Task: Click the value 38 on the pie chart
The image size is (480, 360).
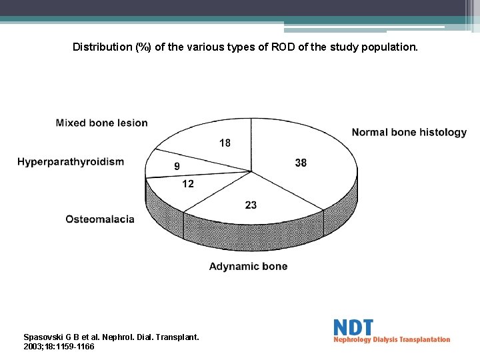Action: click(x=301, y=163)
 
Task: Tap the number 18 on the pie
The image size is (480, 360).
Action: click(x=225, y=143)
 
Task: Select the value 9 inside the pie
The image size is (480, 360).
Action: click(x=177, y=166)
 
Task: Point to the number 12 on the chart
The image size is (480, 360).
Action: click(x=188, y=183)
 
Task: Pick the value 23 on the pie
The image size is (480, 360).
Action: click(x=251, y=205)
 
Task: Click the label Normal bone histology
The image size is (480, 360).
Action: click(x=409, y=132)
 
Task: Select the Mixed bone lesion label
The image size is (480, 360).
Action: click(x=102, y=123)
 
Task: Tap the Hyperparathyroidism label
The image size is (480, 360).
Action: click(x=71, y=162)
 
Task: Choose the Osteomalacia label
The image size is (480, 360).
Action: click(x=100, y=219)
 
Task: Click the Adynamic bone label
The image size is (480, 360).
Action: click(x=248, y=266)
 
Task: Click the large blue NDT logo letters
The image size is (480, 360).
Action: click(x=353, y=327)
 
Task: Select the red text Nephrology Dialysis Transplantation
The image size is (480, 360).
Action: click(x=391, y=339)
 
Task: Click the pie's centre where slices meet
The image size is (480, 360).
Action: click(x=251, y=172)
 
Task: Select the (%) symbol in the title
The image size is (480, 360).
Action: click(x=143, y=48)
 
